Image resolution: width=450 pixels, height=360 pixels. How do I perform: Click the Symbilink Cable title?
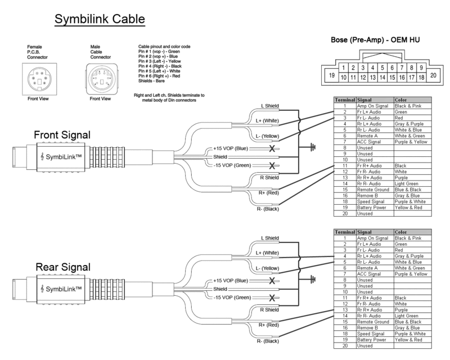pyautogui.click(x=100, y=20)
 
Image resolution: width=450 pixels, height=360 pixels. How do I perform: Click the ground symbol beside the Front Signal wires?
pyautogui.click(x=313, y=147)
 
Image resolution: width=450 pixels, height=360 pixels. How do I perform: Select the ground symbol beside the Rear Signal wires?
pyautogui.click(x=313, y=279)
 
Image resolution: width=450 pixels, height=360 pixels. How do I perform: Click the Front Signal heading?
pyautogui.click(x=60, y=136)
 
